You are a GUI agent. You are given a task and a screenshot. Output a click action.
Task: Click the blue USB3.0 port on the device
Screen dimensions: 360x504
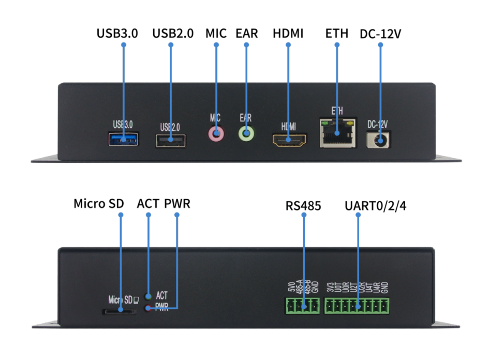[123, 139]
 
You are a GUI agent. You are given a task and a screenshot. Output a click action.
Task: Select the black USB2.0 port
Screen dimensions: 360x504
[171, 141]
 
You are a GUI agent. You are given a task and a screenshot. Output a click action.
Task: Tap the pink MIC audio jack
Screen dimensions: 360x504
[216, 134]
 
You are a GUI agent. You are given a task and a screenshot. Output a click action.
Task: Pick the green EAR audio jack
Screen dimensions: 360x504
[246, 134]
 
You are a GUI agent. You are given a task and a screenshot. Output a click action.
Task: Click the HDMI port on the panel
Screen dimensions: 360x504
[289, 140]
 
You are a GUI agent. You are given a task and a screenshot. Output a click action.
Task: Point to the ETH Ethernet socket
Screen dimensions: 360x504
[337, 133]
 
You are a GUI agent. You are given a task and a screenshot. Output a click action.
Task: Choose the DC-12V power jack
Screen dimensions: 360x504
[380, 140]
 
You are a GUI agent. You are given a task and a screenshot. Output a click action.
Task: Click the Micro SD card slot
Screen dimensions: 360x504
[120, 311]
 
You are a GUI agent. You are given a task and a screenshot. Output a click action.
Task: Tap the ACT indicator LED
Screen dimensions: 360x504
[149, 296]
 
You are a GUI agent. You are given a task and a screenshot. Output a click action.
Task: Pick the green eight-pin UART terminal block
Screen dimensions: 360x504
[357, 306]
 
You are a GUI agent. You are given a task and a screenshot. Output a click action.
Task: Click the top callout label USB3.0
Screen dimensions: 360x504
[117, 34]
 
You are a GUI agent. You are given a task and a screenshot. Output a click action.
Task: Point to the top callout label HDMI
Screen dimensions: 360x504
[288, 34]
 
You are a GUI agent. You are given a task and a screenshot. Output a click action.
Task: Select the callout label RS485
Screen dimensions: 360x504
[303, 206]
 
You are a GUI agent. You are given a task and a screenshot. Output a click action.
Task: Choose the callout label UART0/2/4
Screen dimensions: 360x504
[376, 206]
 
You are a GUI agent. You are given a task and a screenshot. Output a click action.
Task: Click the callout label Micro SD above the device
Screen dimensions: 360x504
[99, 203]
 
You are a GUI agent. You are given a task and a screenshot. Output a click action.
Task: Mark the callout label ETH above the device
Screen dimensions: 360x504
[337, 34]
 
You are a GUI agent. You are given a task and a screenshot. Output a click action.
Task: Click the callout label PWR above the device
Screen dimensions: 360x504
[177, 203]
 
